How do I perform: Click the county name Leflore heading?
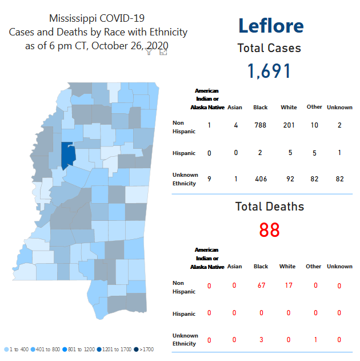[270, 26]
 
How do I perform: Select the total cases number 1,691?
[269, 71]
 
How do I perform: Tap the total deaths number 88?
[269, 230]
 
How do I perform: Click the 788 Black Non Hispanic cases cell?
[260, 125]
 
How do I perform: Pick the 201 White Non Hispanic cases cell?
[289, 125]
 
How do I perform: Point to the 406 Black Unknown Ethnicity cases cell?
[260, 179]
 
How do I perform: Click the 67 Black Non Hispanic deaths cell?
[261, 285]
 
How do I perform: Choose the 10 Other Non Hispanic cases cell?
[314, 125]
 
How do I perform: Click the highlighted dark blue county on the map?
[68, 155]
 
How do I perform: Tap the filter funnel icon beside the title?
[149, 51]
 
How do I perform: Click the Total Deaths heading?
[269, 207]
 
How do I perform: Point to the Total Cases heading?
[269, 49]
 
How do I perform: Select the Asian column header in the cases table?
[234, 107]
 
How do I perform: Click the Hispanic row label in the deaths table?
[184, 314]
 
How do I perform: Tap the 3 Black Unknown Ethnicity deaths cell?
[261, 340]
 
